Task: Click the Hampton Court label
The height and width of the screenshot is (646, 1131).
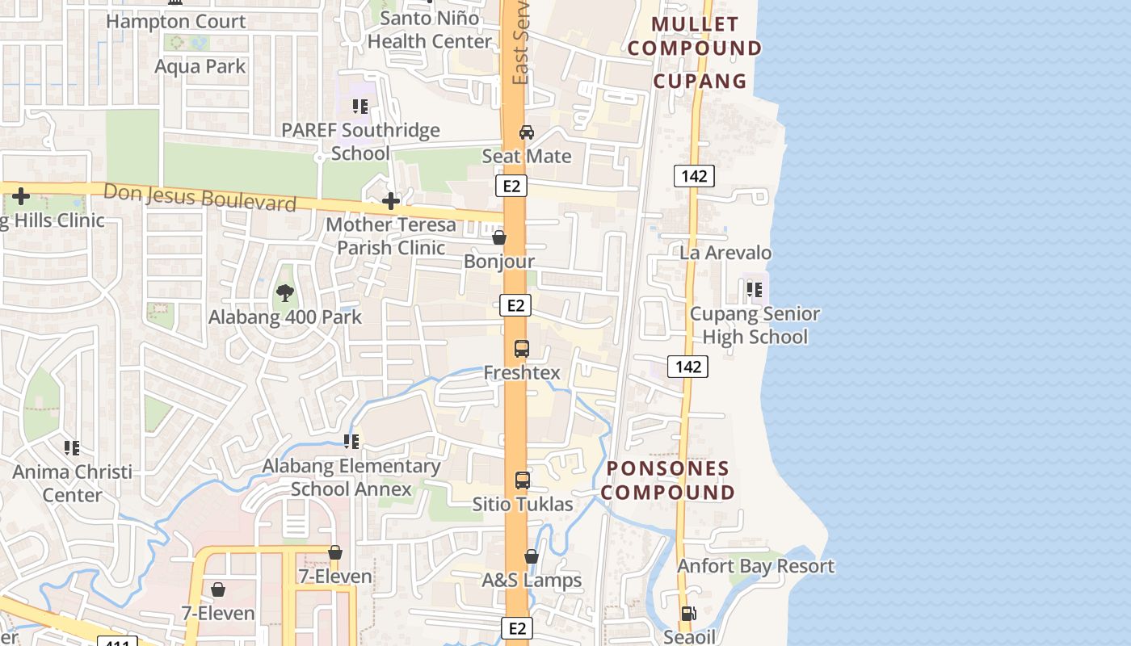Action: [175, 21]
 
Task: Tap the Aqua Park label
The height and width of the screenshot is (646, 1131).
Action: [200, 66]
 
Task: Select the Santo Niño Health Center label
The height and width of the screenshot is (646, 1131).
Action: [429, 30]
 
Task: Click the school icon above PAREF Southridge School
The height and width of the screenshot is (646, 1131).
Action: [360, 106]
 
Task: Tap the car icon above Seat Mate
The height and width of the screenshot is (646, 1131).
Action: [527, 132]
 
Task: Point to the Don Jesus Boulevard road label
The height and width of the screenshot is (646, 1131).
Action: [200, 197]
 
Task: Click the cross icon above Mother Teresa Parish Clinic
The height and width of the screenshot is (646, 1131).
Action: [391, 200]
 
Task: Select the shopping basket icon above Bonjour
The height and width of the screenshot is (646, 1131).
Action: [499, 237]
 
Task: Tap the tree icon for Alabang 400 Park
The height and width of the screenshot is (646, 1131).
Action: [284, 293]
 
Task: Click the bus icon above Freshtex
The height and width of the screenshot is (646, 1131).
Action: [522, 349]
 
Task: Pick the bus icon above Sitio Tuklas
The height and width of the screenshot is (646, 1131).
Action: [523, 480]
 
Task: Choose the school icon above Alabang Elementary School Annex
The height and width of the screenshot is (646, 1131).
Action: [351, 442]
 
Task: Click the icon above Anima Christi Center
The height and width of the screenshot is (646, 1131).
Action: [72, 447]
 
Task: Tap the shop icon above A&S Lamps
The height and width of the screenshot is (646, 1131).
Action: [532, 556]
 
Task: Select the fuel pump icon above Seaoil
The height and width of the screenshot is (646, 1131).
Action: [688, 614]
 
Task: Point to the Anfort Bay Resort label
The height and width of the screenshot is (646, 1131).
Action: [755, 566]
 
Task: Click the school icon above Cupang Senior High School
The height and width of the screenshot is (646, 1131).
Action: [755, 289]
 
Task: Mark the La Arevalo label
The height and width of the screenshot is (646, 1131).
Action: [725, 253]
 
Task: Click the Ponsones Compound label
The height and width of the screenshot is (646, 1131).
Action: [668, 480]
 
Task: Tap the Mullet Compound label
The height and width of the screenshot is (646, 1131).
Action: [695, 36]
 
